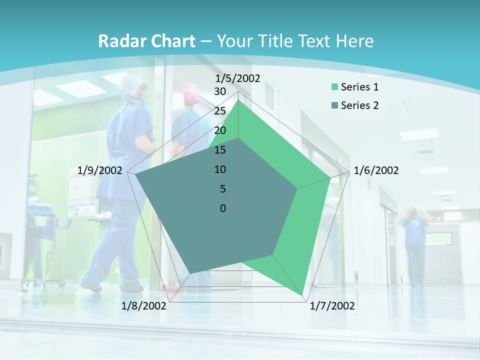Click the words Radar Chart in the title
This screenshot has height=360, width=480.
point(146,41)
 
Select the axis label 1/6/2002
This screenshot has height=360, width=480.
point(376,170)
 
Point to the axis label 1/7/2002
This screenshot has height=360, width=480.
point(332,306)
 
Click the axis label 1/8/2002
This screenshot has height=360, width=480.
point(144,306)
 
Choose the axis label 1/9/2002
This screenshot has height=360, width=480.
point(100,170)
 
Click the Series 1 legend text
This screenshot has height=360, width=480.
point(359,87)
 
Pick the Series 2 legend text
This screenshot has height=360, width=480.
point(359,105)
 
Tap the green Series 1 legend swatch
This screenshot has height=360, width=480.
point(334,87)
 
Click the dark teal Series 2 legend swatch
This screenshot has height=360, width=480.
point(334,106)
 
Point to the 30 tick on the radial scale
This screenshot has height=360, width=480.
point(220,91)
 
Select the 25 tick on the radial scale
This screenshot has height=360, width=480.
point(220,111)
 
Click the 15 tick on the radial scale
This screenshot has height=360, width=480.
point(220,150)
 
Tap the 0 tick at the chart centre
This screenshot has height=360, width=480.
point(223,208)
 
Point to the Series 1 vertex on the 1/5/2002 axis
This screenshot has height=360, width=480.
point(238,100)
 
